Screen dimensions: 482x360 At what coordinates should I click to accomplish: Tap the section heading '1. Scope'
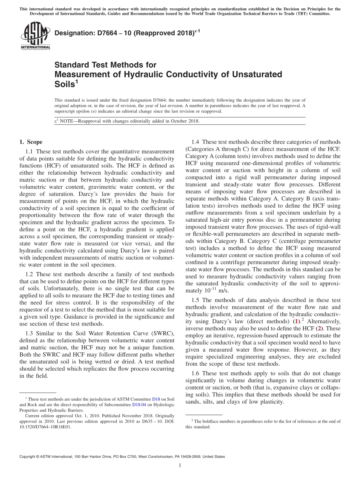coord(31,142)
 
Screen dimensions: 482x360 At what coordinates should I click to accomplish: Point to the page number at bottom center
coord(180,465)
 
